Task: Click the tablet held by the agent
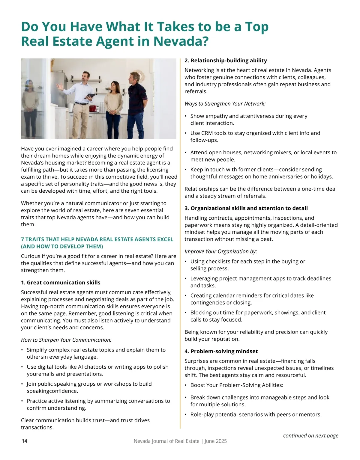pos(90,96)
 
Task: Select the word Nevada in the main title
pos(180,41)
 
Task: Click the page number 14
pos(24,441)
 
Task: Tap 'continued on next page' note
pos(310,435)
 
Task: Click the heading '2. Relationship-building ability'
pos(226,61)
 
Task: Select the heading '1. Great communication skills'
pos(61,283)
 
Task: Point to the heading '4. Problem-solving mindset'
pos(221,351)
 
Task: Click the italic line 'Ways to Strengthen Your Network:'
pos(225,104)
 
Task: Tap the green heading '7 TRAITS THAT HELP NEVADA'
pos(97,239)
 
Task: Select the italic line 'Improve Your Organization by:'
pos(221,251)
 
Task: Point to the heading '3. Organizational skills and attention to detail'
pos(246,208)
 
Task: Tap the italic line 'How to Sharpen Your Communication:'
pos(66,340)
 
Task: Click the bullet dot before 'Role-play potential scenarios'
pos(186,415)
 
